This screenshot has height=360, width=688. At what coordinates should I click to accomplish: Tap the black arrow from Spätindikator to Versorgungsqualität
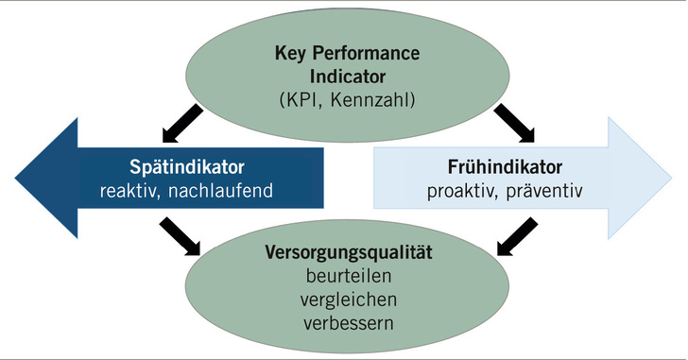point(181,235)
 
